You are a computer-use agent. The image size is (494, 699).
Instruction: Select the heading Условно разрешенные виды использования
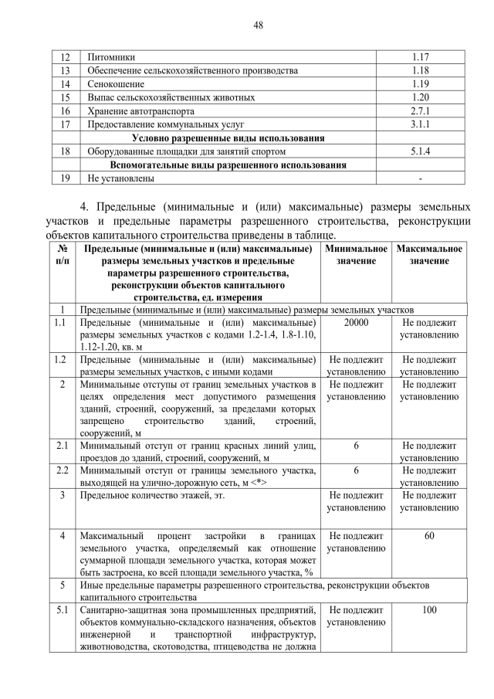pos(228,138)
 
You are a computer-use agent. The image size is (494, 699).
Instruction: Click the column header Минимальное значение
pos(356,255)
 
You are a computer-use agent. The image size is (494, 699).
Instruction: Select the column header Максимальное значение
pos(429,255)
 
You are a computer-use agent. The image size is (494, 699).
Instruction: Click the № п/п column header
pos(62,255)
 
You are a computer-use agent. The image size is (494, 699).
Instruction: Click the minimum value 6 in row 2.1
pos(356,445)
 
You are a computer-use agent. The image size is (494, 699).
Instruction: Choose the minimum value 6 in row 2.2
pos(356,470)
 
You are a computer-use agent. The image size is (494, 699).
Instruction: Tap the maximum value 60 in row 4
pos(429,535)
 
